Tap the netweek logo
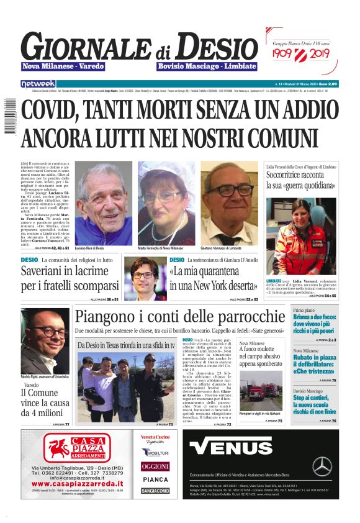tap(38, 83)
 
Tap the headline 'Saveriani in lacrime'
tap(70, 278)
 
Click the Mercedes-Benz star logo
tap(322, 466)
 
